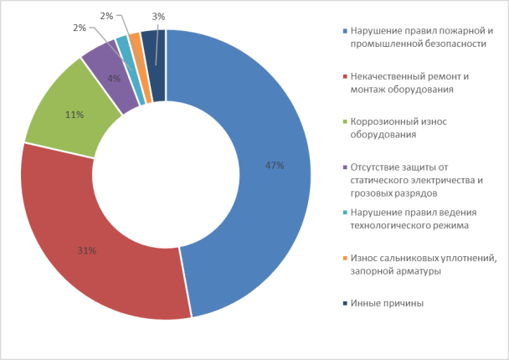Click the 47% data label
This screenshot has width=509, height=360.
click(275, 166)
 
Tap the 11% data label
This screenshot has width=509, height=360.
click(75, 113)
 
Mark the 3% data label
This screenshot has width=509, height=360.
click(158, 16)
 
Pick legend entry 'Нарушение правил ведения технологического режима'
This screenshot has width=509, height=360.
click(414, 219)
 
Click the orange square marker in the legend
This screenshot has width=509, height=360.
click(346, 259)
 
